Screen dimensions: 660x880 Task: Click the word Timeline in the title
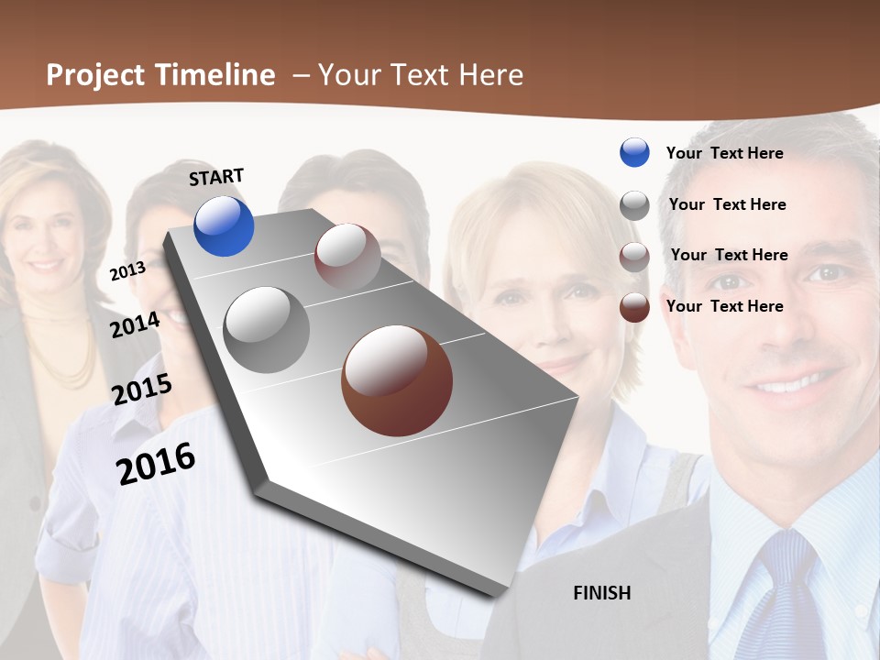click(x=214, y=75)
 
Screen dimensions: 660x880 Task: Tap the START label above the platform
click(x=216, y=176)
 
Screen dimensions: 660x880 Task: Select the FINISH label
click(x=602, y=593)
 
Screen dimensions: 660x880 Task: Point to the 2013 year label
click(x=127, y=271)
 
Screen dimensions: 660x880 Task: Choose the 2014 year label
click(x=136, y=324)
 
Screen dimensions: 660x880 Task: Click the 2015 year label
click(x=142, y=389)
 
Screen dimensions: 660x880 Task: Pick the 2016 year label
click(x=156, y=464)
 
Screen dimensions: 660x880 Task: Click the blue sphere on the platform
click(x=224, y=226)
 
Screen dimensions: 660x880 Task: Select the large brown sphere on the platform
click(x=397, y=380)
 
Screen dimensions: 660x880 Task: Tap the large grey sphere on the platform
click(x=267, y=330)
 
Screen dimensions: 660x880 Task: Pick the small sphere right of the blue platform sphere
click(x=347, y=256)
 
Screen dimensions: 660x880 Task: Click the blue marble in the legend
click(x=634, y=152)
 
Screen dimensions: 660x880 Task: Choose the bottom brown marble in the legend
click(x=634, y=307)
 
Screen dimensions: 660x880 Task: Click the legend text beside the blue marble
click(x=724, y=153)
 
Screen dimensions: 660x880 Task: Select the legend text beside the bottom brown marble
click(x=724, y=306)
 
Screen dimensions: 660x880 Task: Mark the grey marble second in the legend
click(x=634, y=205)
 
